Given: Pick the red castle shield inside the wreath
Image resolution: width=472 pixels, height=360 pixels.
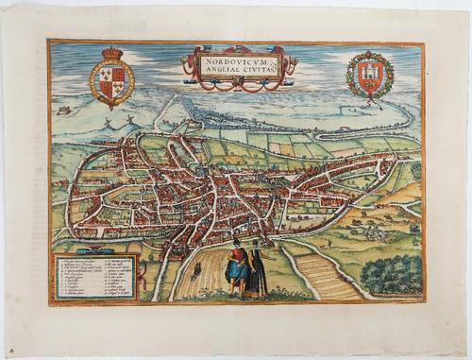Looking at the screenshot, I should point(369,74).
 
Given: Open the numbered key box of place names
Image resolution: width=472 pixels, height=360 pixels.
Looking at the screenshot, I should point(96,275).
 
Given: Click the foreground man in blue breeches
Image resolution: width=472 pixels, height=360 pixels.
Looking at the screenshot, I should point(236,268).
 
